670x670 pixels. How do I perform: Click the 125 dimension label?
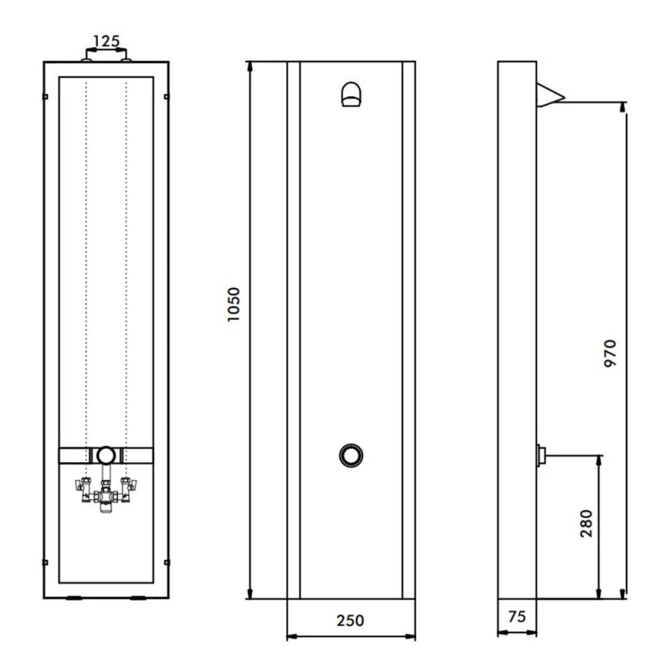tap(106, 40)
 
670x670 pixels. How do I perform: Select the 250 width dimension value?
tap(350, 621)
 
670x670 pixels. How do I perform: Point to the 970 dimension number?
tap(609, 355)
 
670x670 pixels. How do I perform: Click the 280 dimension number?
tap(585, 523)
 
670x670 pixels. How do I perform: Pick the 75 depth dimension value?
tap(517, 617)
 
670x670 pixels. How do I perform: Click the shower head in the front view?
tap(352, 95)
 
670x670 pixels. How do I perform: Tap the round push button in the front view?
tap(351, 455)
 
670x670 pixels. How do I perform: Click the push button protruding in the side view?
tap(540, 456)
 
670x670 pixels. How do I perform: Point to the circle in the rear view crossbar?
tap(106, 456)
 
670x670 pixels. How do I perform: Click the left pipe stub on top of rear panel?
tap(86, 57)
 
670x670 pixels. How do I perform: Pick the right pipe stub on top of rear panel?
tap(126, 57)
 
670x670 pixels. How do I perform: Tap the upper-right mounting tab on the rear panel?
tap(167, 97)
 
